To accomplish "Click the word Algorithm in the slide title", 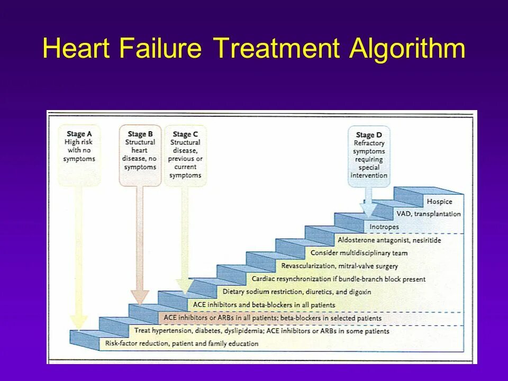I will pos(407,49).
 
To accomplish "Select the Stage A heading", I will pos(79,134).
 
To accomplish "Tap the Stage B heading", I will pos(140,134).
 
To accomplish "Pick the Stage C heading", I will pos(185,134).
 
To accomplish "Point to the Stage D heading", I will pos(369,135).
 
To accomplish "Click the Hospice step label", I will pos(439,202).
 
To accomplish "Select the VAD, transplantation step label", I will pos(428,214).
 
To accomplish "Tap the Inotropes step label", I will pos(384,227).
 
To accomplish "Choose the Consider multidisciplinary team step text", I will pos(359,253).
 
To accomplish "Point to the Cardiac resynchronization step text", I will pos(339,279).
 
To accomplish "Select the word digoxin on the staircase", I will pos(359,292).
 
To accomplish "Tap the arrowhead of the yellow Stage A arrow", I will pos(79,322).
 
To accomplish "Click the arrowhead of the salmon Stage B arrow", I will pos(140,296).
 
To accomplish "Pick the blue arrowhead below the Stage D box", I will pos(369,210).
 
